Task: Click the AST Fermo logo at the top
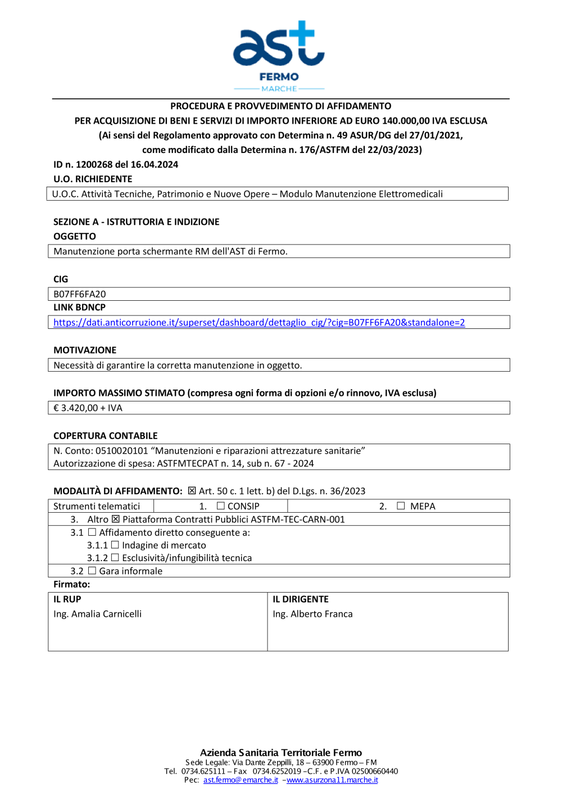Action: pyautogui.click(x=279, y=55)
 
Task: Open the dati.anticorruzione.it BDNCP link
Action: pyautogui.click(x=259, y=323)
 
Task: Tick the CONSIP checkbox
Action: pyautogui.click(x=221, y=506)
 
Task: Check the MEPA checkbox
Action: pyautogui.click(x=401, y=506)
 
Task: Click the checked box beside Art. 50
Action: pyautogui.click(x=192, y=491)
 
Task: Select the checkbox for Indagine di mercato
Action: pyautogui.click(x=115, y=545)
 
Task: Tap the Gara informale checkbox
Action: pyautogui.click(x=92, y=571)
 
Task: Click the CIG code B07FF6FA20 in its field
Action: pyautogui.click(x=80, y=294)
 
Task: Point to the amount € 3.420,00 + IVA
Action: pyautogui.click(x=88, y=408)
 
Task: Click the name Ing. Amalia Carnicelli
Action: pyautogui.click(x=97, y=614)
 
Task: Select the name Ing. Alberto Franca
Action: pyautogui.click(x=312, y=614)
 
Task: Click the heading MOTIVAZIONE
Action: pyautogui.click(x=85, y=350)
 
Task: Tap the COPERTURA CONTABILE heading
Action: pyautogui.click(x=105, y=436)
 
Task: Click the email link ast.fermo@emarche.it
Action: pyautogui.click(x=241, y=780)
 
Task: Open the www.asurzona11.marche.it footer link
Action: pyautogui.click(x=332, y=780)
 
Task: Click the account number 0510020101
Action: pyautogui.click(x=121, y=451)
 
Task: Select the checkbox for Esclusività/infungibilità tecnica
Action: pyautogui.click(x=115, y=558)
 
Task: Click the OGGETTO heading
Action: pyautogui.click(x=75, y=237)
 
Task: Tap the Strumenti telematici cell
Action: pyautogui.click(x=97, y=506)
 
